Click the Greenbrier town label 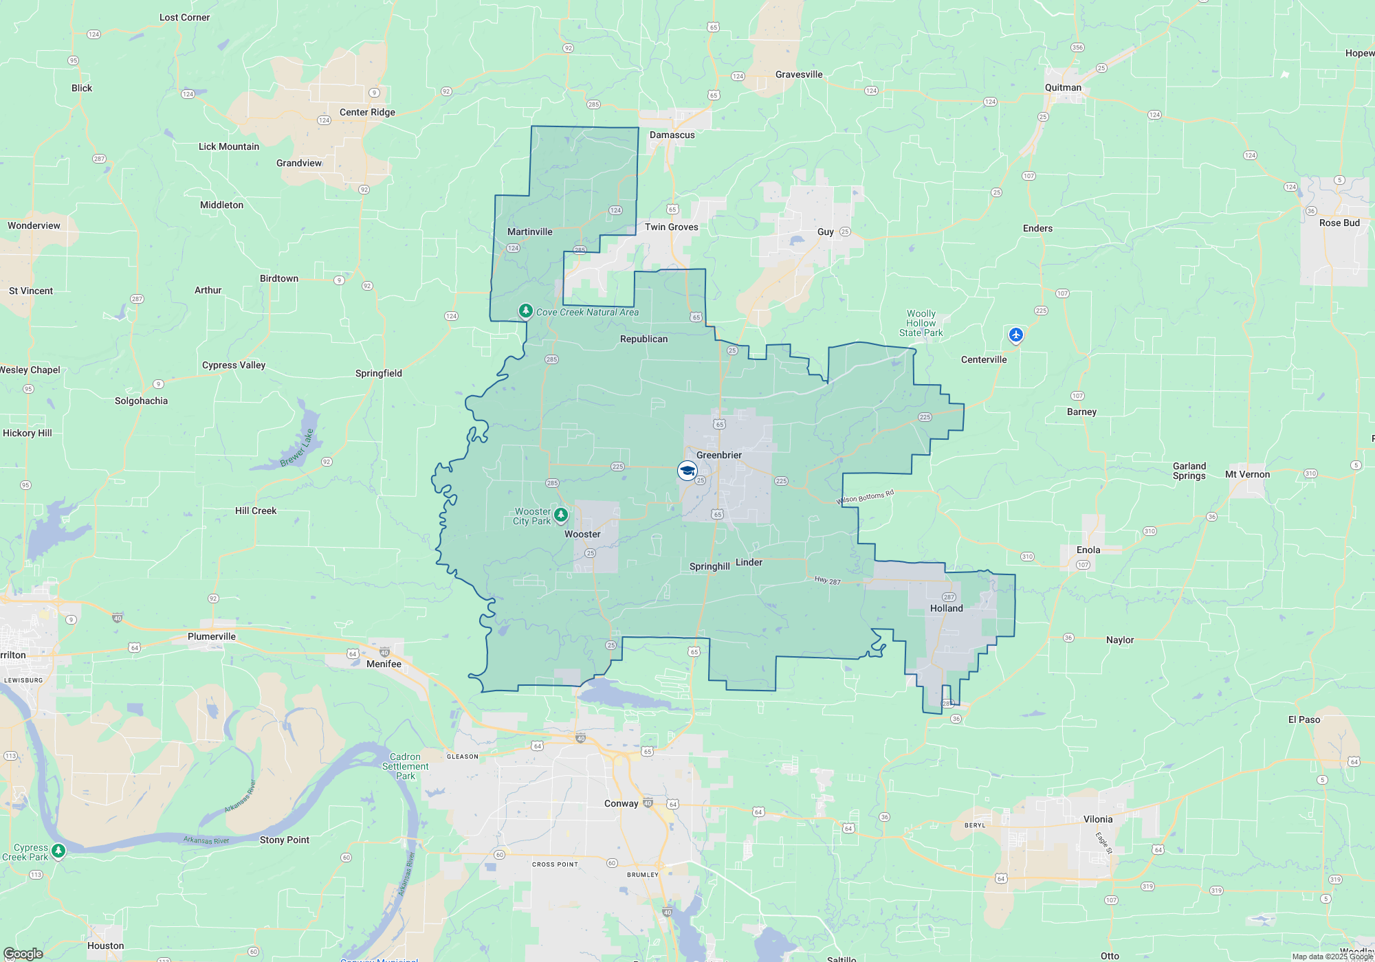(x=718, y=455)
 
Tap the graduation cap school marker (x=687, y=471)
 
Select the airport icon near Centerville (x=1015, y=335)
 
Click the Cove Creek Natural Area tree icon (x=526, y=312)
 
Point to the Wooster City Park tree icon (x=561, y=515)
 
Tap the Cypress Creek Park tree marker (x=58, y=851)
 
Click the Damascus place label (x=672, y=135)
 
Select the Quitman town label (x=1063, y=87)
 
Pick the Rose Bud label (x=1339, y=223)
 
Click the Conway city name (x=621, y=803)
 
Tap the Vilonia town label (x=1097, y=819)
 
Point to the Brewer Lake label (x=297, y=448)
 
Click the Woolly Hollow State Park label (x=921, y=323)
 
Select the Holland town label (x=946, y=608)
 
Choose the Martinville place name (x=529, y=232)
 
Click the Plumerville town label (x=212, y=636)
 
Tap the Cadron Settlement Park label (x=405, y=766)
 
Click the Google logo (x=23, y=953)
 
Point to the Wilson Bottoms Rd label (x=865, y=497)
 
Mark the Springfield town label (x=378, y=373)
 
